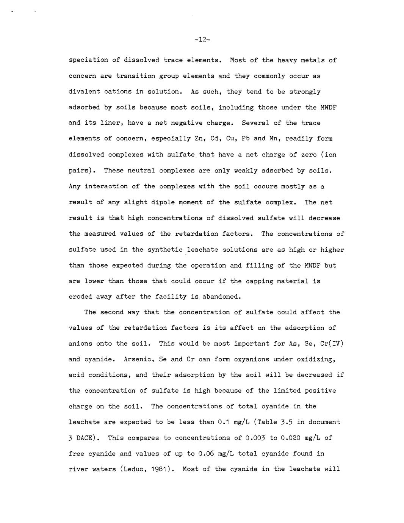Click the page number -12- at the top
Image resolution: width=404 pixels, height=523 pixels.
[202, 39]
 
